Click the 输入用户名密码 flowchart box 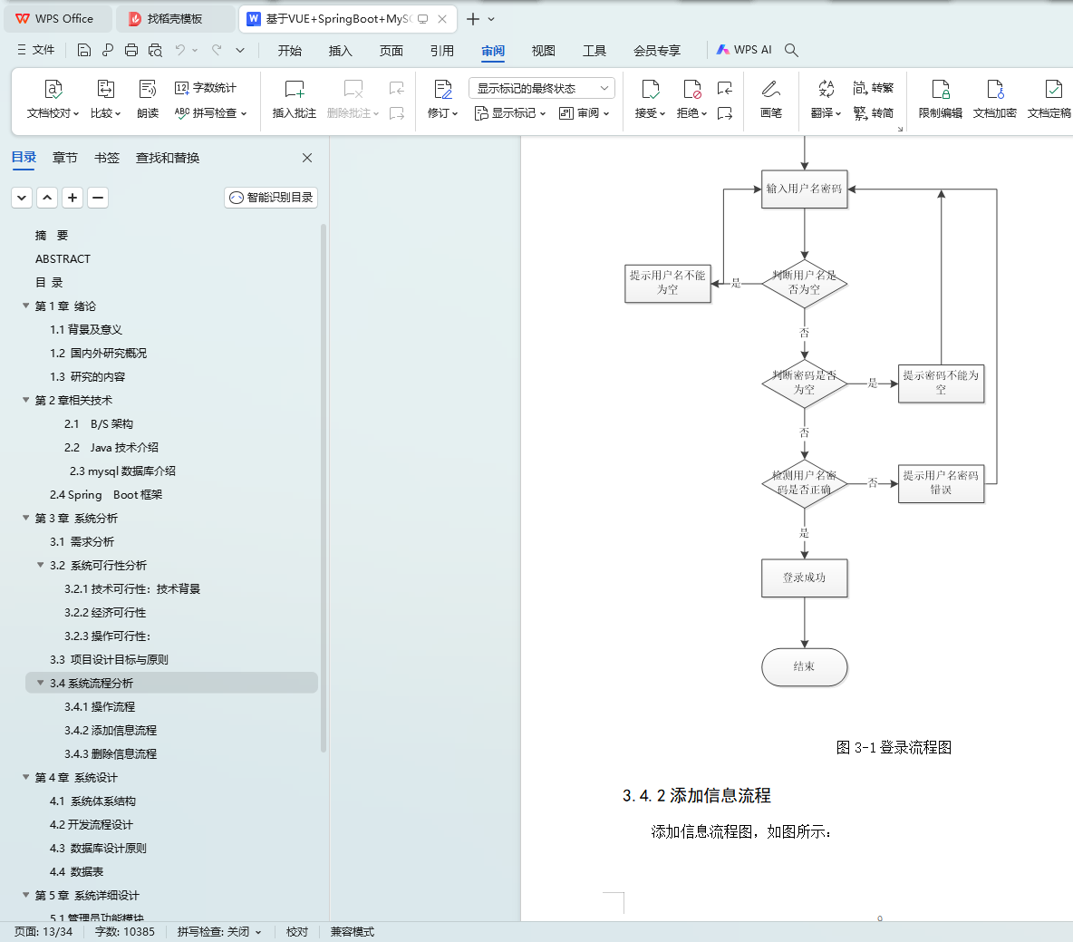tap(804, 189)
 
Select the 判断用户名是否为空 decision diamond tap(804, 283)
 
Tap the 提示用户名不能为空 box tap(667, 283)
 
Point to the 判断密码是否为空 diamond tap(804, 383)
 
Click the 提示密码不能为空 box tap(941, 383)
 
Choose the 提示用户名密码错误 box tap(941, 482)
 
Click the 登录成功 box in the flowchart tap(804, 578)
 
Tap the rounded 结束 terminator tap(804, 666)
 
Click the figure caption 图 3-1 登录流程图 tap(893, 747)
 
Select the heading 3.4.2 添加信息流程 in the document tap(696, 795)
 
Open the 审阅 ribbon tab tap(493, 51)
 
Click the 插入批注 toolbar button tap(295, 99)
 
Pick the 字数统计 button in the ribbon tap(206, 88)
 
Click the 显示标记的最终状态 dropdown tap(541, 88)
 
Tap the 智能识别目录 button tap(271, 198)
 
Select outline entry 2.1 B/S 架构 tap(99, 423)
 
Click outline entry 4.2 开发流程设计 tap(92, 824)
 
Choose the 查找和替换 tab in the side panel tap(168, 158)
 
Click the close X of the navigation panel tap(307, 158)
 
